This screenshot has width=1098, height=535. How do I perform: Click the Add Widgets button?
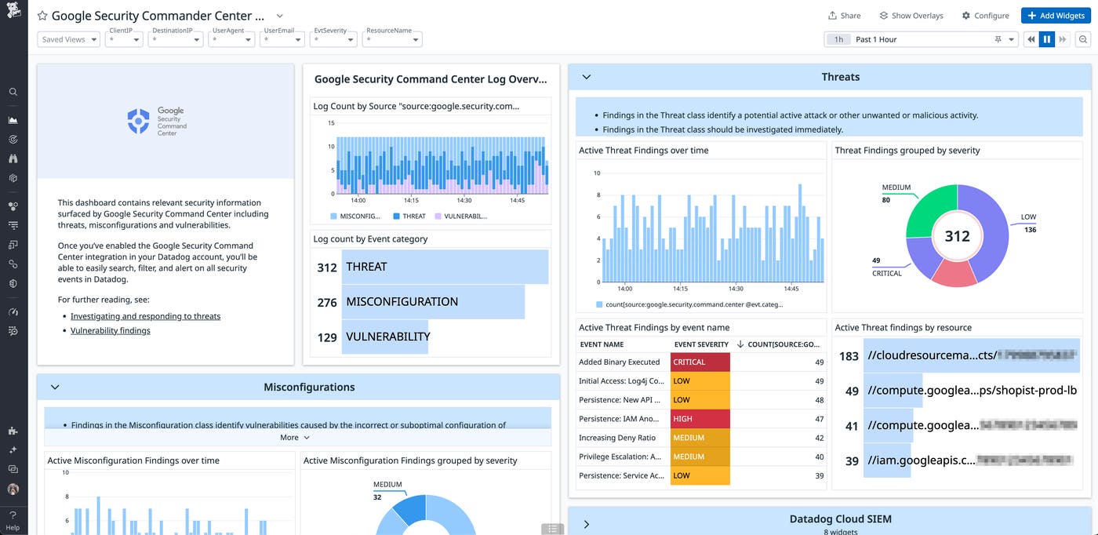pos(1056,16)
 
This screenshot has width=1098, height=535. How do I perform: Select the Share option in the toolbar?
pos(844,16)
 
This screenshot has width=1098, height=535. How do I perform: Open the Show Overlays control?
pos(911,16)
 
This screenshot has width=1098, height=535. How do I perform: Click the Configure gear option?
pos(985,16)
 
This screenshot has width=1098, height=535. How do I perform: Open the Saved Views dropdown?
pos(68,39)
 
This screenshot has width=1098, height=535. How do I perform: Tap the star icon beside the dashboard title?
pos(42,16)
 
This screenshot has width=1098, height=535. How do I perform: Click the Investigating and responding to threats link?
pos(145,316)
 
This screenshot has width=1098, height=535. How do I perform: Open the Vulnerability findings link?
pos(110,330)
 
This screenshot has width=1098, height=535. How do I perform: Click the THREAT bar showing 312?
pos(444,267)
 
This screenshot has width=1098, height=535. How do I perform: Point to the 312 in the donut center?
pos(957,236)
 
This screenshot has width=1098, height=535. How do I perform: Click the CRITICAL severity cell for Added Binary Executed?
pos(700,362)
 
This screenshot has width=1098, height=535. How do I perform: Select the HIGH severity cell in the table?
pos(700,419)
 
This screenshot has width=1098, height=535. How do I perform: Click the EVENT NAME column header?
pos(602,344)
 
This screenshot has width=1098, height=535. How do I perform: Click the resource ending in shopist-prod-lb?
pos(972,391)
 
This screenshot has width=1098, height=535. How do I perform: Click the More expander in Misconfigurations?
pos(294,438)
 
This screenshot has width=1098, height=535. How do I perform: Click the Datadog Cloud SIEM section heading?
pos(840,519)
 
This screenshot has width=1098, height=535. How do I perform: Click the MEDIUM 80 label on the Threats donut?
pos(896,193)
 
